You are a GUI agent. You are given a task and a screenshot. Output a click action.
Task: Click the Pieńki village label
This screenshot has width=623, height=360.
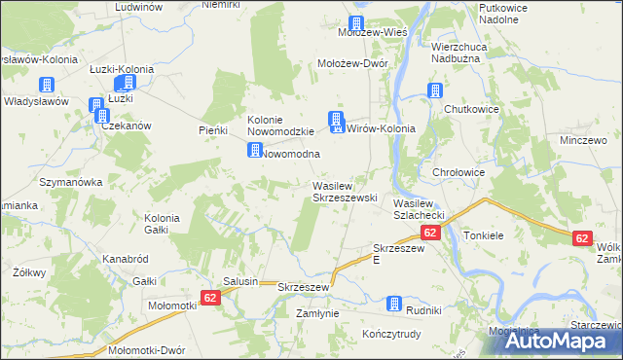point(212,130)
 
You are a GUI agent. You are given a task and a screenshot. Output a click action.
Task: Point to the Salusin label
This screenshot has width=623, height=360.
point(240,281)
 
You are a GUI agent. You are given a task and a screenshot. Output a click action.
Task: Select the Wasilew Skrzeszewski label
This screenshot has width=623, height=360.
point(344,191)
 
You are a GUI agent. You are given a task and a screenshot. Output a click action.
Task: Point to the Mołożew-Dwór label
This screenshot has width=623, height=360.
point(354,63)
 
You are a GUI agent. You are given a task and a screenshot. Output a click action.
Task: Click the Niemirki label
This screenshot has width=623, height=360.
point(221,5)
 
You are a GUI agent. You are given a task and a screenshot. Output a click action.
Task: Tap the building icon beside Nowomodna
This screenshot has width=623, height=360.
point(255,151)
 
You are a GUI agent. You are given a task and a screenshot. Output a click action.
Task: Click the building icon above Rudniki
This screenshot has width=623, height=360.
point(395,303)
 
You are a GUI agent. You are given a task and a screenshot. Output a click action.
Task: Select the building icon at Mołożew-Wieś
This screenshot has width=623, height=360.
point(356,23)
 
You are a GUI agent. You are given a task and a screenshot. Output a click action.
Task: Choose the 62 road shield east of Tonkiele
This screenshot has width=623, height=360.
point(582,237)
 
